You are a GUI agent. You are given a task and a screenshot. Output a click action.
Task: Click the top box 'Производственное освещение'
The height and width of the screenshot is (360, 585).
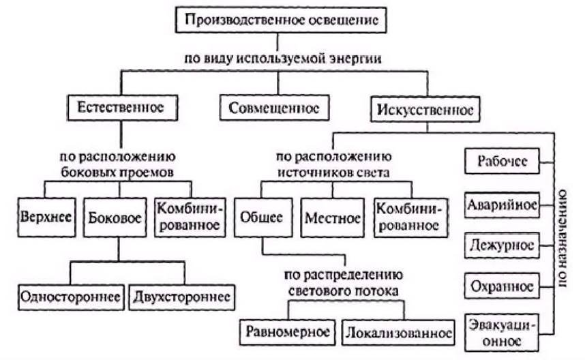tap(281, 20)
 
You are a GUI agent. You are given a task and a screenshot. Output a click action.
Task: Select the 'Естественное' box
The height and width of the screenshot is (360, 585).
tap(122, 108)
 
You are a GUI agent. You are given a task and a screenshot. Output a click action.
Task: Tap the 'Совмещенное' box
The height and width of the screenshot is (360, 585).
tap(274, 108)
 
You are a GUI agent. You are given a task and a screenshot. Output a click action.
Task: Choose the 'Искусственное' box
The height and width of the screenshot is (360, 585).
tap(425, 109)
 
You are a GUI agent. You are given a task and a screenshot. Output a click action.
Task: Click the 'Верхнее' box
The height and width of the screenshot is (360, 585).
tap(46, 217)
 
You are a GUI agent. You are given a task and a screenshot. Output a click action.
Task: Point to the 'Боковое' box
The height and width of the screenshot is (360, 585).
tap(115, 217)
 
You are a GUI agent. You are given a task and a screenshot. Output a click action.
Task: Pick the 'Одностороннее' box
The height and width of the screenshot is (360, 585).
tap(71, 297)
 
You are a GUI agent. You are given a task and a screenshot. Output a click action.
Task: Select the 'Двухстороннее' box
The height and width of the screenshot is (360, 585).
tap(181, 297)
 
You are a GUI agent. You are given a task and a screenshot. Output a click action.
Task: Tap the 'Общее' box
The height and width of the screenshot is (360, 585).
tap(263, 217)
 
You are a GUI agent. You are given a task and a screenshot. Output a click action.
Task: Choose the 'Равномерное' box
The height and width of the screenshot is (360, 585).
tap(288, 332)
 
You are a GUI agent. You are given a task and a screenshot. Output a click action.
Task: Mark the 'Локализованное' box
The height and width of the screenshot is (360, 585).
tap(398, 333)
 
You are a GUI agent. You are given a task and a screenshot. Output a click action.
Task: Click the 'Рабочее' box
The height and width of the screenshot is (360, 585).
tap(502, 161)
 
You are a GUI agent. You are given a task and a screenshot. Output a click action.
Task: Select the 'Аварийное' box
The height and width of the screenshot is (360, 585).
tap(502, 205)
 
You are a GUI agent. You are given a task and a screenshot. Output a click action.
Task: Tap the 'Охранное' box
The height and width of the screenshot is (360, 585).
tap(502, 286)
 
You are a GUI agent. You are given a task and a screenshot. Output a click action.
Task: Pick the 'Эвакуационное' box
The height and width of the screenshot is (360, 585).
tap(501, 333)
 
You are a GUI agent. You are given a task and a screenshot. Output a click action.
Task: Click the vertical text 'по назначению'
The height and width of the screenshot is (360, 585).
tap(562, 239)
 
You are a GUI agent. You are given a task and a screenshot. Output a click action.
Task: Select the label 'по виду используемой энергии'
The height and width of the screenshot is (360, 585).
tap(283, 59)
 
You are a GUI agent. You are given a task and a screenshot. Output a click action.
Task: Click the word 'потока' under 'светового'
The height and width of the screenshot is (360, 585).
tap(378, 291)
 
